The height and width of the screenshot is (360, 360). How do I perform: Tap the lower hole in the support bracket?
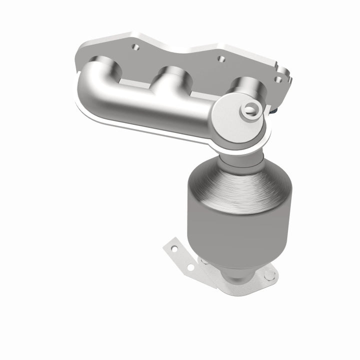190,268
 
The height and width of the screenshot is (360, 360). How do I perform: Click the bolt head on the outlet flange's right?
269,274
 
